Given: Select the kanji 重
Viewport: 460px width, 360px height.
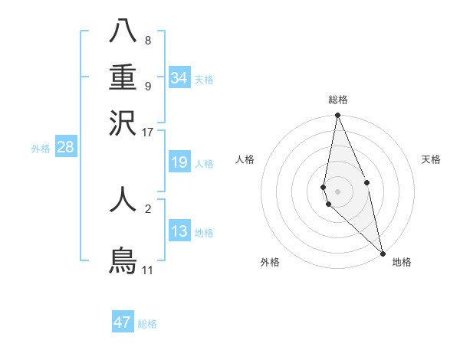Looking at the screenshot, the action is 123,77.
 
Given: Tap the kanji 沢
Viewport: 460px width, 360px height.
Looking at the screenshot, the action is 123,122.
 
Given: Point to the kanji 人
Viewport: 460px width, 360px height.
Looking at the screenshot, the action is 123,198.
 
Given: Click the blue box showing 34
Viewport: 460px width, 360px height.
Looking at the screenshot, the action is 179,78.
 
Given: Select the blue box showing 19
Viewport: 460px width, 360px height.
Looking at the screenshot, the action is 179,163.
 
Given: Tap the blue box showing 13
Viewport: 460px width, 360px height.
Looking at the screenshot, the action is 179,231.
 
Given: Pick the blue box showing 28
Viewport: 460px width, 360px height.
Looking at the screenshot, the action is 65,148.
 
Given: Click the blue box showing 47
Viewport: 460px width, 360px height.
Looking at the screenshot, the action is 123,322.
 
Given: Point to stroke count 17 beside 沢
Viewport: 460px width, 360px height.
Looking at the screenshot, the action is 147,132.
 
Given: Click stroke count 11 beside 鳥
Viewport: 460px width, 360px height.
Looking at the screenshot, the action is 147,270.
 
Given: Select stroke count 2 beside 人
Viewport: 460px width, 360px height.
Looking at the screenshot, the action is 147,208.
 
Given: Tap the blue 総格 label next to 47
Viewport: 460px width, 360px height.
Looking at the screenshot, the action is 148,324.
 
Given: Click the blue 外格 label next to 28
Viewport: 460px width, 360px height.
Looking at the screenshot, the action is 41,149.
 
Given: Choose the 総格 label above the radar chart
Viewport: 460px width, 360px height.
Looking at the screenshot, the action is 337,100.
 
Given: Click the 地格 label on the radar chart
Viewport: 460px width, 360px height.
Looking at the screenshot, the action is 402,262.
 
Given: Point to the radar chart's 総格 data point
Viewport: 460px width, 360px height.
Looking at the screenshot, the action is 337,116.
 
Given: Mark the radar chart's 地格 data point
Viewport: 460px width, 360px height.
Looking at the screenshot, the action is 382,253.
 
